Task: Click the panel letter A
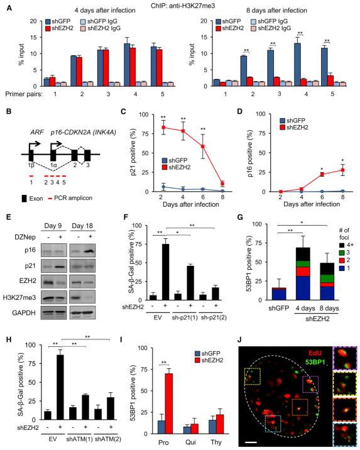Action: (x=5, y=5)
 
